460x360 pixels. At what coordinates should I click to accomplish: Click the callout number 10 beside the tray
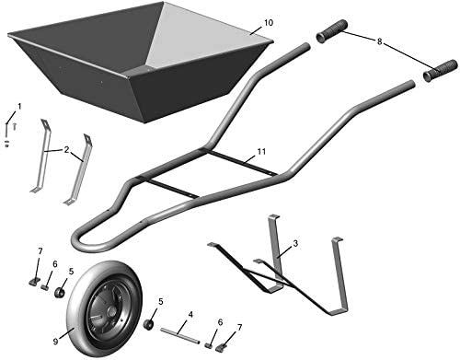click(x=269, y=23)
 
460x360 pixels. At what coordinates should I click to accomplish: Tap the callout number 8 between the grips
click(x=380, y=41)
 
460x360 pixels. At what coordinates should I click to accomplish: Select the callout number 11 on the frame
click(x=261, y=151)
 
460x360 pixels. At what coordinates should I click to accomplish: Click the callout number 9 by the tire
click(x=55, y=341)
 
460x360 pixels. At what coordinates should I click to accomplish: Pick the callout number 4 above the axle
click(x=190, y=315)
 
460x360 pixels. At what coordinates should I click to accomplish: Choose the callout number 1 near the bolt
click(x=19, y=106)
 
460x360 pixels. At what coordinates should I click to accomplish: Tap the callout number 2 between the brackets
click(x=66, y=149)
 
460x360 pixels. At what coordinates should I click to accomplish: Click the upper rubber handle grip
click(x=331, y=31)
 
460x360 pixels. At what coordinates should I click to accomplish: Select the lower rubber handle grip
click(x=441, y=71)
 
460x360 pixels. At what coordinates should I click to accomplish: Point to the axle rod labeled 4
click(x=180, y=335)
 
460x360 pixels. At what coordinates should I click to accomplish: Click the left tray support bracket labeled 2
click(x=43, y=156)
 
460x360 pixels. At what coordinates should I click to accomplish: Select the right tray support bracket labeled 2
click(x=79, y=169)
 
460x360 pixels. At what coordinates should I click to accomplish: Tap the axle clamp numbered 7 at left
click(x=35, y=281)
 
